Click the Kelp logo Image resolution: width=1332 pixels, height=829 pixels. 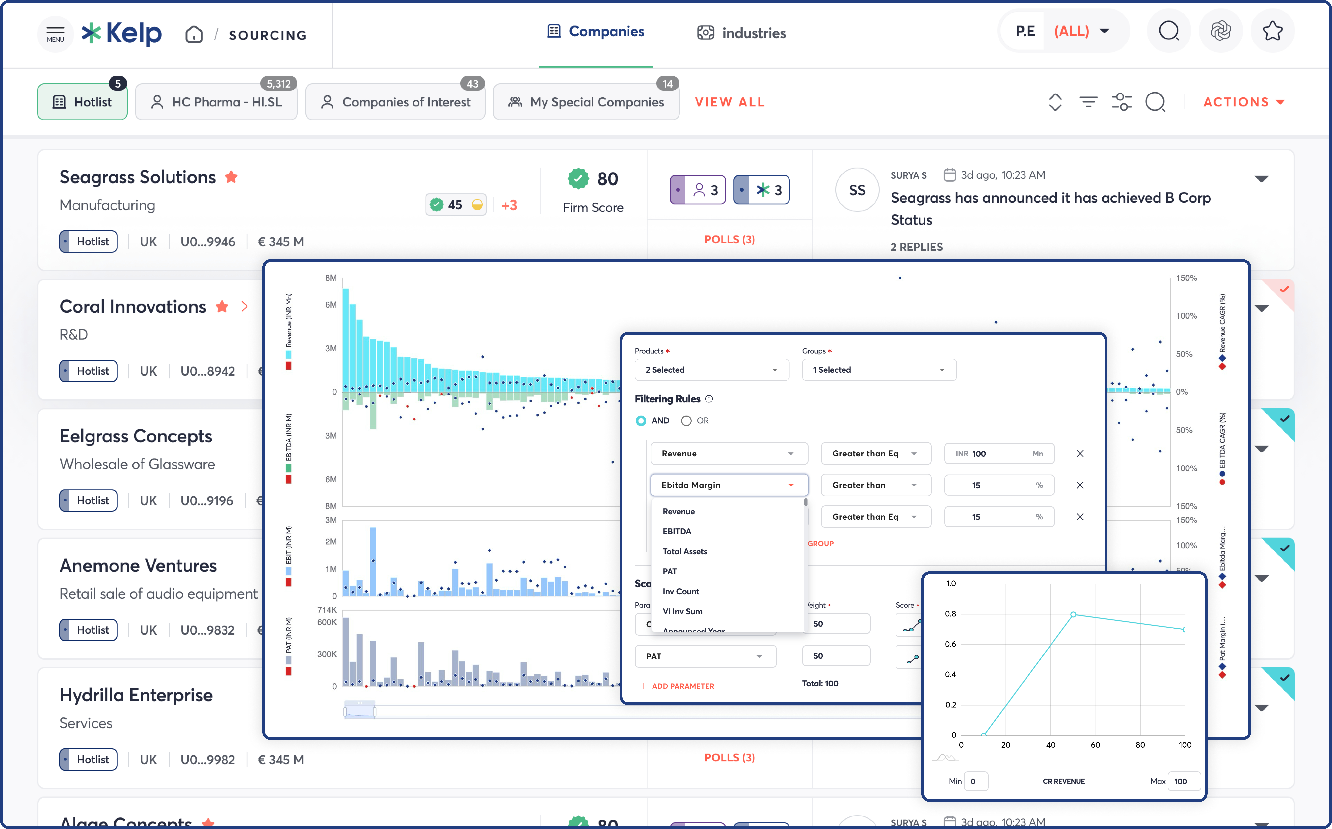point(122,34)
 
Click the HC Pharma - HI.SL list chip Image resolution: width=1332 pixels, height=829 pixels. point(217,102)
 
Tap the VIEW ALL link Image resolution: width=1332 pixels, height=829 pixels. point(730,102)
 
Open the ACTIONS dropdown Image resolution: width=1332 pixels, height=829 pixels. point(1243,102)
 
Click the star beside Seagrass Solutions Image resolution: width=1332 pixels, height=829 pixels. point(231,177)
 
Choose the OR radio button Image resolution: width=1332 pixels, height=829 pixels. point(686,420)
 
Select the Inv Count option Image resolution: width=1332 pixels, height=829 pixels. point(681,591)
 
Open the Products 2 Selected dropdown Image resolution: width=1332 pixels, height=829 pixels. point(711,370)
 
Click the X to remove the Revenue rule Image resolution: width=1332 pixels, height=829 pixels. point(1080,453)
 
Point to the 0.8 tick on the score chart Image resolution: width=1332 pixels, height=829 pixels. point(950,614)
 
